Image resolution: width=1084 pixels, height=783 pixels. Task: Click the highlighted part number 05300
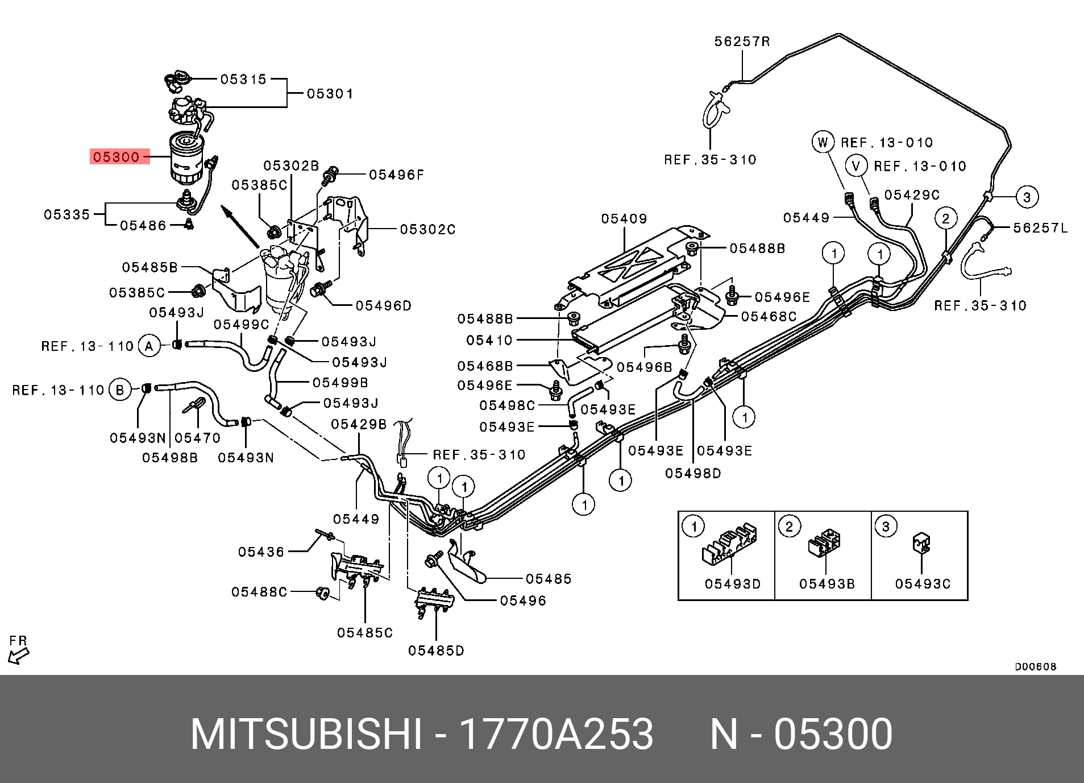[x=117, y=157]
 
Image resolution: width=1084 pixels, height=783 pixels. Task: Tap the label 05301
[x=330, y=94]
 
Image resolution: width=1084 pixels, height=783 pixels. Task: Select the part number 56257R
[x=742, y=42]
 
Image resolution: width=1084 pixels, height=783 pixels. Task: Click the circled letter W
[x=823, y=142]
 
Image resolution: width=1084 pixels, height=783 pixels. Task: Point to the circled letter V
[x=856, y=166]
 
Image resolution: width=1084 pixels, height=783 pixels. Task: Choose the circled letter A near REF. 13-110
[x=149, y=346]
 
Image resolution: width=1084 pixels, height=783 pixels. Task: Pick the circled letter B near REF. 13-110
[x=120, y=390]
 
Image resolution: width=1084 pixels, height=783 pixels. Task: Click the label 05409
[x=624, y=219]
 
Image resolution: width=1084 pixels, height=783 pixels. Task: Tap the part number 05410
[x=489, y=340]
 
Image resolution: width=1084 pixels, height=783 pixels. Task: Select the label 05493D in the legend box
[x=733, y=584]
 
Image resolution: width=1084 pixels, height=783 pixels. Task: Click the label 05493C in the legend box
[x=923, y=584]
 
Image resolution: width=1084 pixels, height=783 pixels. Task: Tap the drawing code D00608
[x=1035, y=666]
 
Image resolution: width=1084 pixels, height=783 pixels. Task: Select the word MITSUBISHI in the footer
[x=306, y=734]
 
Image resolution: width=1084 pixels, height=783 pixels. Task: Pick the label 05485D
[x=436, y=651]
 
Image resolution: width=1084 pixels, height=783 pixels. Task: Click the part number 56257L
[x=1040, y=228]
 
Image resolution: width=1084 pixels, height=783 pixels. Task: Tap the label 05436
[x=261, y=552]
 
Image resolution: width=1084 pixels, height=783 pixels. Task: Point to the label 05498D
[x=693, y=473]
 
